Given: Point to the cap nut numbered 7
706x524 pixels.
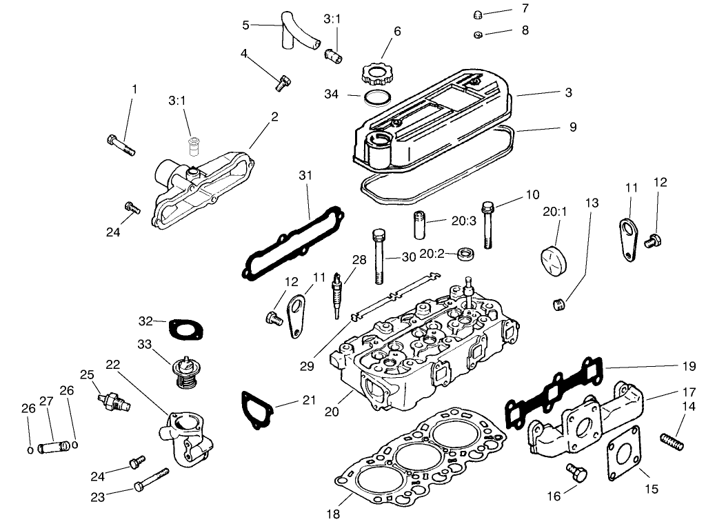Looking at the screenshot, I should [x=478, y=15].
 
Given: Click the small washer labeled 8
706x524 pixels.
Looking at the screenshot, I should [x=478, y=34].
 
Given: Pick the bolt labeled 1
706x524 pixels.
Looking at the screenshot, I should [x=121, y=144].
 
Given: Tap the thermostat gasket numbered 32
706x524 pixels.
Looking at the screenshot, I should [x=183, y=330].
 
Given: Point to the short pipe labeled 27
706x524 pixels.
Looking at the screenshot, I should [x=53, y=447].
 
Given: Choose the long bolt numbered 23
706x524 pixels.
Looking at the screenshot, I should [x=152, y=479].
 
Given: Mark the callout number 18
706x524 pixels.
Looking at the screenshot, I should [x=334, y=513].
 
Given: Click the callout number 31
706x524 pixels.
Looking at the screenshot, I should [x=306, y=176].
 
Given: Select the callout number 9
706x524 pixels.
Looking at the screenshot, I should [x=573, y=127].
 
